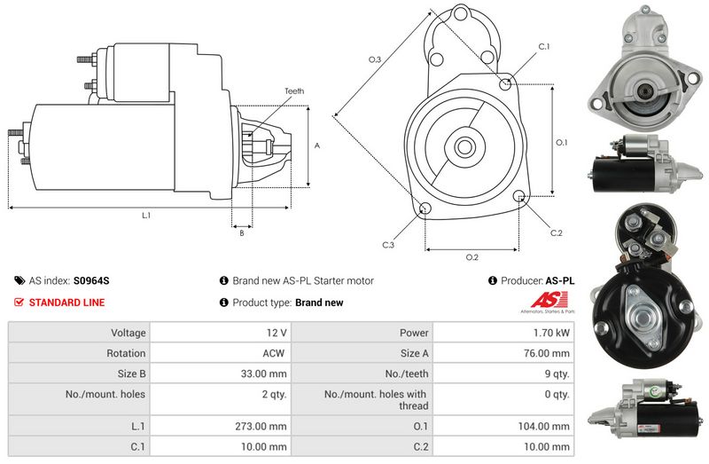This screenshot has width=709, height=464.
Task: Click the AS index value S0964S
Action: pyautogui.click(x=91, y=280)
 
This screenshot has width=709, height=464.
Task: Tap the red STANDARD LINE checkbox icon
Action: pyautogui.click(x=19, y=302)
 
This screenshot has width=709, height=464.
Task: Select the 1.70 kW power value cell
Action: pyautogui.click(x=503, y=333)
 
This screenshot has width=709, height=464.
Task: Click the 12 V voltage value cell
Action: pyautogui.click(x=220, y=333)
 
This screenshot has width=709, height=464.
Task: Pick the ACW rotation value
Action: pyautogui.click(x=274, y=353)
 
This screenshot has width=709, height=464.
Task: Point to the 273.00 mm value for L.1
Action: pyautogui.click(x=261, y=426)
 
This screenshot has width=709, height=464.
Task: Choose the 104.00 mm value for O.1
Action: pyautogui.click(x=543, y=426)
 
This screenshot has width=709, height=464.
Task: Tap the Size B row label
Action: pyautogui.click(x=131, y=374)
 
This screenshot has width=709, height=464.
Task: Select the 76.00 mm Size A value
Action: pyautogui.click(x=546, y=353)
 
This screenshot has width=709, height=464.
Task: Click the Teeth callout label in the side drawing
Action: pyautogui.click(x=294, y=91)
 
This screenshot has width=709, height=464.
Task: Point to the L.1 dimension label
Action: pyautogui.click(x=146, y=216)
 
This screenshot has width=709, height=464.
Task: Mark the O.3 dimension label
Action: pyautogui.click(x=375, y=59)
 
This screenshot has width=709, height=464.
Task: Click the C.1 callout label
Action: pyautogui.click(x=544, y=47)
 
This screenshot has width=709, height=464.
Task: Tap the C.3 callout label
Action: pyautogui.click(x=388, y=245)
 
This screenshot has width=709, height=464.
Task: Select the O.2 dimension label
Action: pyautogui.click(x=472, y=257)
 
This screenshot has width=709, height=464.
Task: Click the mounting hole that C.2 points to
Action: pyautogui.click(x=519, y=196)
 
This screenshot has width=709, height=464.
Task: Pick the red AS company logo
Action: pyautogui.click(x=549, y=300)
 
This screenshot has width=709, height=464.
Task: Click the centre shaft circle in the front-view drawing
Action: pyautogui.click(x=464, y=147)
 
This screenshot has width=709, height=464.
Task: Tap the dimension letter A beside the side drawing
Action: pyautogui.click(x=317, y=145)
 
